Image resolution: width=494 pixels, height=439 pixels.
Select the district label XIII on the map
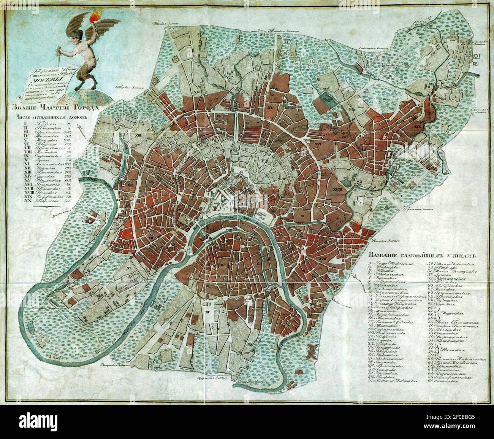(x=137, y=135)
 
